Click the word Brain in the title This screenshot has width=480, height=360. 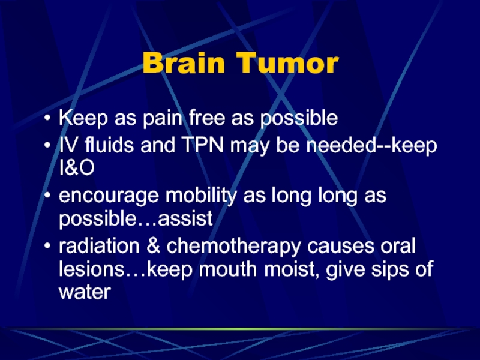(184, 63)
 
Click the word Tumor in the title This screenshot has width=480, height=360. (287, 63)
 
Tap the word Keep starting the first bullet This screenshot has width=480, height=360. (83, 118)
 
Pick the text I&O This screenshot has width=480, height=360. (77, 167)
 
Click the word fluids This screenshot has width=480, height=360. (109, 145)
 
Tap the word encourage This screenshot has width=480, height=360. (109, 197)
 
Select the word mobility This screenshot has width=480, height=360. (201, 196)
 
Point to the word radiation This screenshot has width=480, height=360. (99, 246)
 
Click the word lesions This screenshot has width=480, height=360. (92, 269)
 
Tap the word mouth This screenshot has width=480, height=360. (228, 269)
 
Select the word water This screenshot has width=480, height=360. (85, 292)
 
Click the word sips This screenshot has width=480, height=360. (390, 269)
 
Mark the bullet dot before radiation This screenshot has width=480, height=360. (47, 246)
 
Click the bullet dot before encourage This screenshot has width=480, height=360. (47, 196)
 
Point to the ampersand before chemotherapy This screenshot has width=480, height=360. (153, 246)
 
